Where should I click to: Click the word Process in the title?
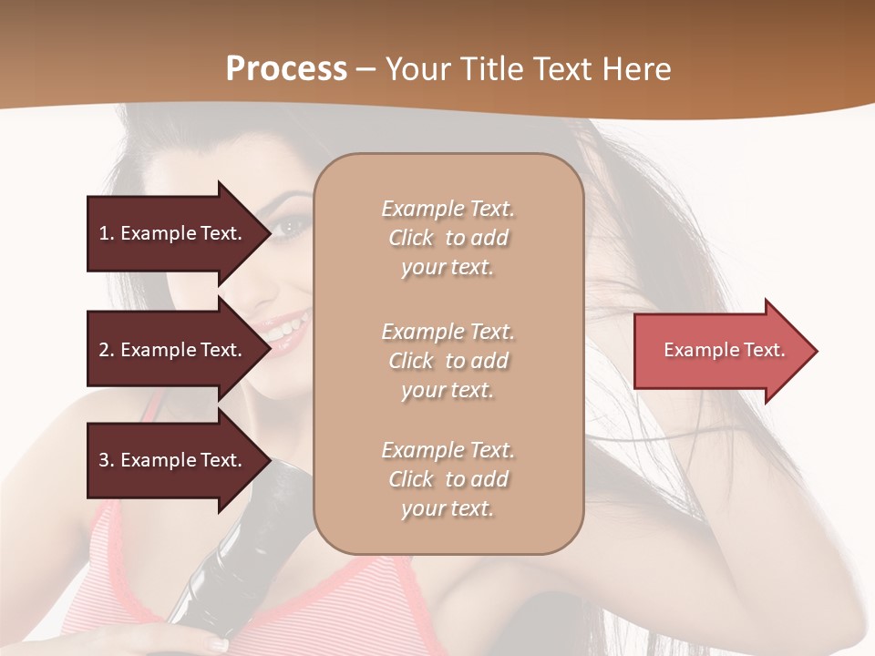point(286,69)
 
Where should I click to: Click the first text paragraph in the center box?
point(448,238)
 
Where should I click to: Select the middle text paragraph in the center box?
point(448,361)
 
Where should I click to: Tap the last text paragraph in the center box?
point(448,479)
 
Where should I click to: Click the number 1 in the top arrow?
point(104,233)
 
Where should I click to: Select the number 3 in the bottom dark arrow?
point(104,460)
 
